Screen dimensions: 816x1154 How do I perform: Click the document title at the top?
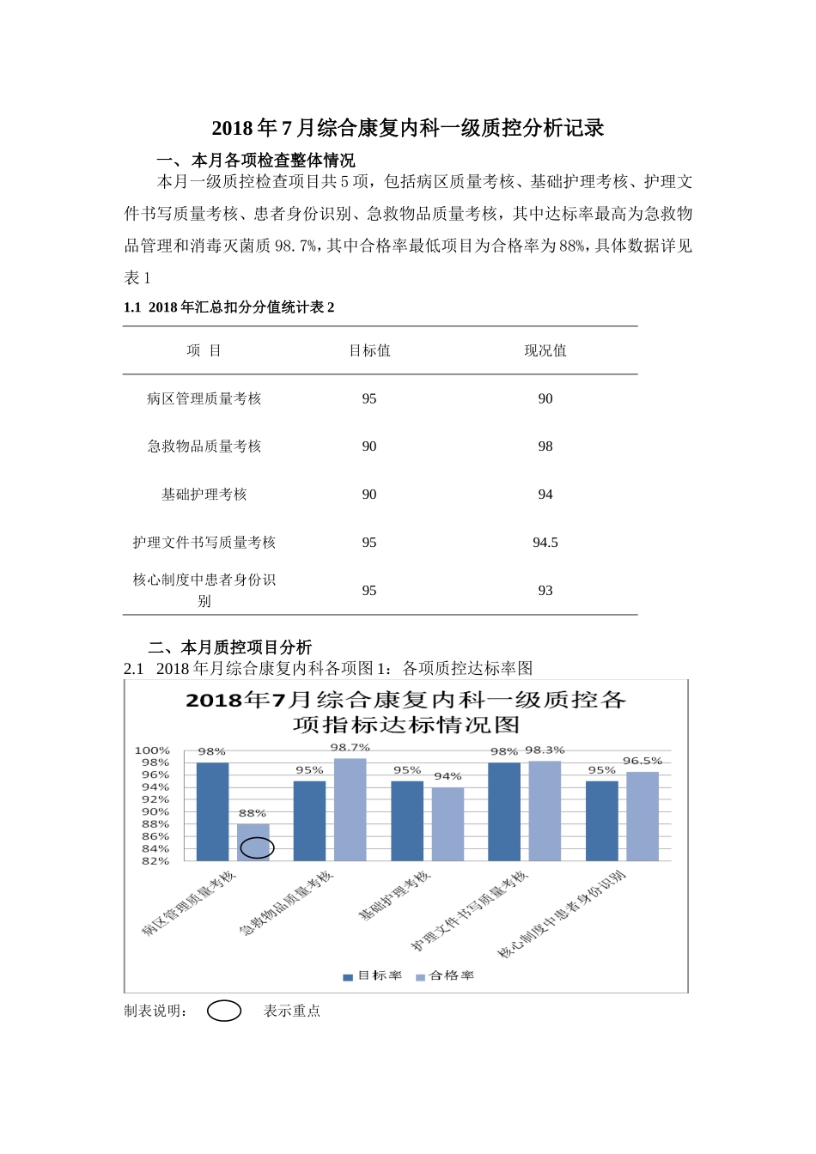(408, 129)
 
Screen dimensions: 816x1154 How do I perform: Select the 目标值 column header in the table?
(369, 350)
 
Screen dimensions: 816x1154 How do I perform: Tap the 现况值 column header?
(545, 350)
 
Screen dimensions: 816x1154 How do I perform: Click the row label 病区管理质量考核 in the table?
(204, 398)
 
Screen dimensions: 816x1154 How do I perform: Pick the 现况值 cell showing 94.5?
(545, 543)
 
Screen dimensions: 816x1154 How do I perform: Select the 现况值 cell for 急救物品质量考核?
(545, 446)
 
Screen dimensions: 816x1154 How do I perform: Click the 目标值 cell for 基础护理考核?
(369, 495)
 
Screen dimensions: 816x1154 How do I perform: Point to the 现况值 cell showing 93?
(545, 591)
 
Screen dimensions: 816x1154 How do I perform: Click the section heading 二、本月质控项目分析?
(230, 647)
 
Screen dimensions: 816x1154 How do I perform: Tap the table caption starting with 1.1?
(229, 307)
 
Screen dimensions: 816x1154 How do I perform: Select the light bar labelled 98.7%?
(350, 809)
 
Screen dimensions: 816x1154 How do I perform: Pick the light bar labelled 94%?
(448, 823)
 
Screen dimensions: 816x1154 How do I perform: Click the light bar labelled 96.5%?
(642, 816)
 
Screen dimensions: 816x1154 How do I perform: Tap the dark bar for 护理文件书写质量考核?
(504, 811)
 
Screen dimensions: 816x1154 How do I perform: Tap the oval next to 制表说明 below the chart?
(224, 1011)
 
